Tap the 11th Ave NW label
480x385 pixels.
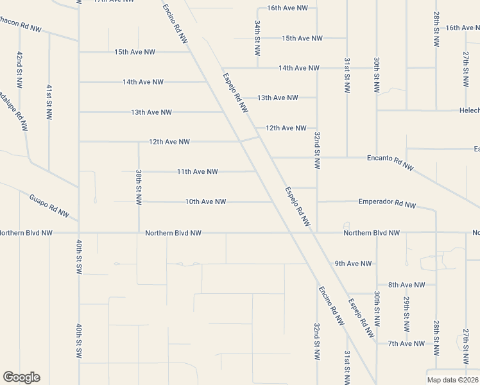198,171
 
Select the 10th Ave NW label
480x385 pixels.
205,201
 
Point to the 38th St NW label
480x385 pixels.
139,187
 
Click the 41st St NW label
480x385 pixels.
49,101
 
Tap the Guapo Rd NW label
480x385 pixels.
49,205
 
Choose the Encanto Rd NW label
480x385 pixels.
390,162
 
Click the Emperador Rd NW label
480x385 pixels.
387,204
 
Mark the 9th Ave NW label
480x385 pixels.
353,263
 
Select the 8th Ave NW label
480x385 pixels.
407,284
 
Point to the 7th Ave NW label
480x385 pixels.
406,343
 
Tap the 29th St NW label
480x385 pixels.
407,313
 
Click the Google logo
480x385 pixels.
21,377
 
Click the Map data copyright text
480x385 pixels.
452,380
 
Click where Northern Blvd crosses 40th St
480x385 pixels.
78,233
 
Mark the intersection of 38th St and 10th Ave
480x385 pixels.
139,201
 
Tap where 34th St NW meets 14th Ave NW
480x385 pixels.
258,67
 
